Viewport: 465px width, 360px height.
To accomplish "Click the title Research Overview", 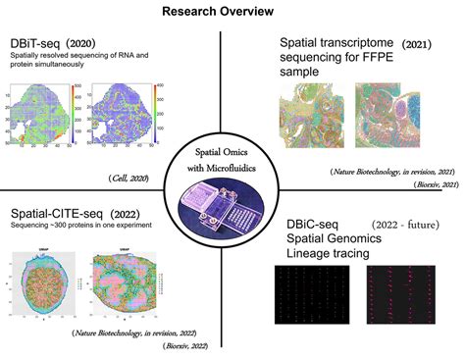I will pyautogui.click(x=232, y=13).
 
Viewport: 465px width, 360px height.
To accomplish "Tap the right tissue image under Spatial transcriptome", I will pyautogui.click(x=395, y=118).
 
